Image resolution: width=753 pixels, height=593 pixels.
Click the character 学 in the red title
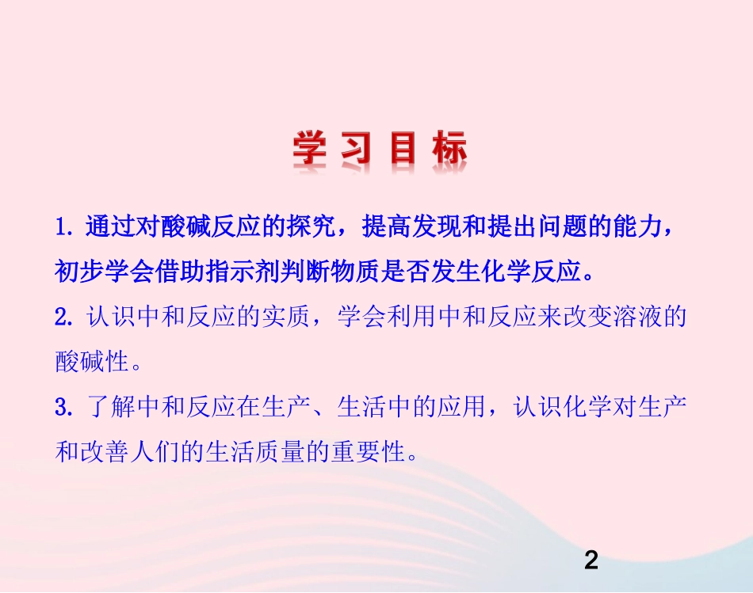tap(310, 149)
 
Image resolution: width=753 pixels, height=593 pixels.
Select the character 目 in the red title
tap(403, 149)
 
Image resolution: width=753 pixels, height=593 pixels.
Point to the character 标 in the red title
tap(449, 149)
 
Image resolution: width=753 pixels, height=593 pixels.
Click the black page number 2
tap(591, 561)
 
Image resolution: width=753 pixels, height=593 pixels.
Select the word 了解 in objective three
tap(109, 409)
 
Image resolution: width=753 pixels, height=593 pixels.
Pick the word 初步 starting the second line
tap(75, 272)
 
